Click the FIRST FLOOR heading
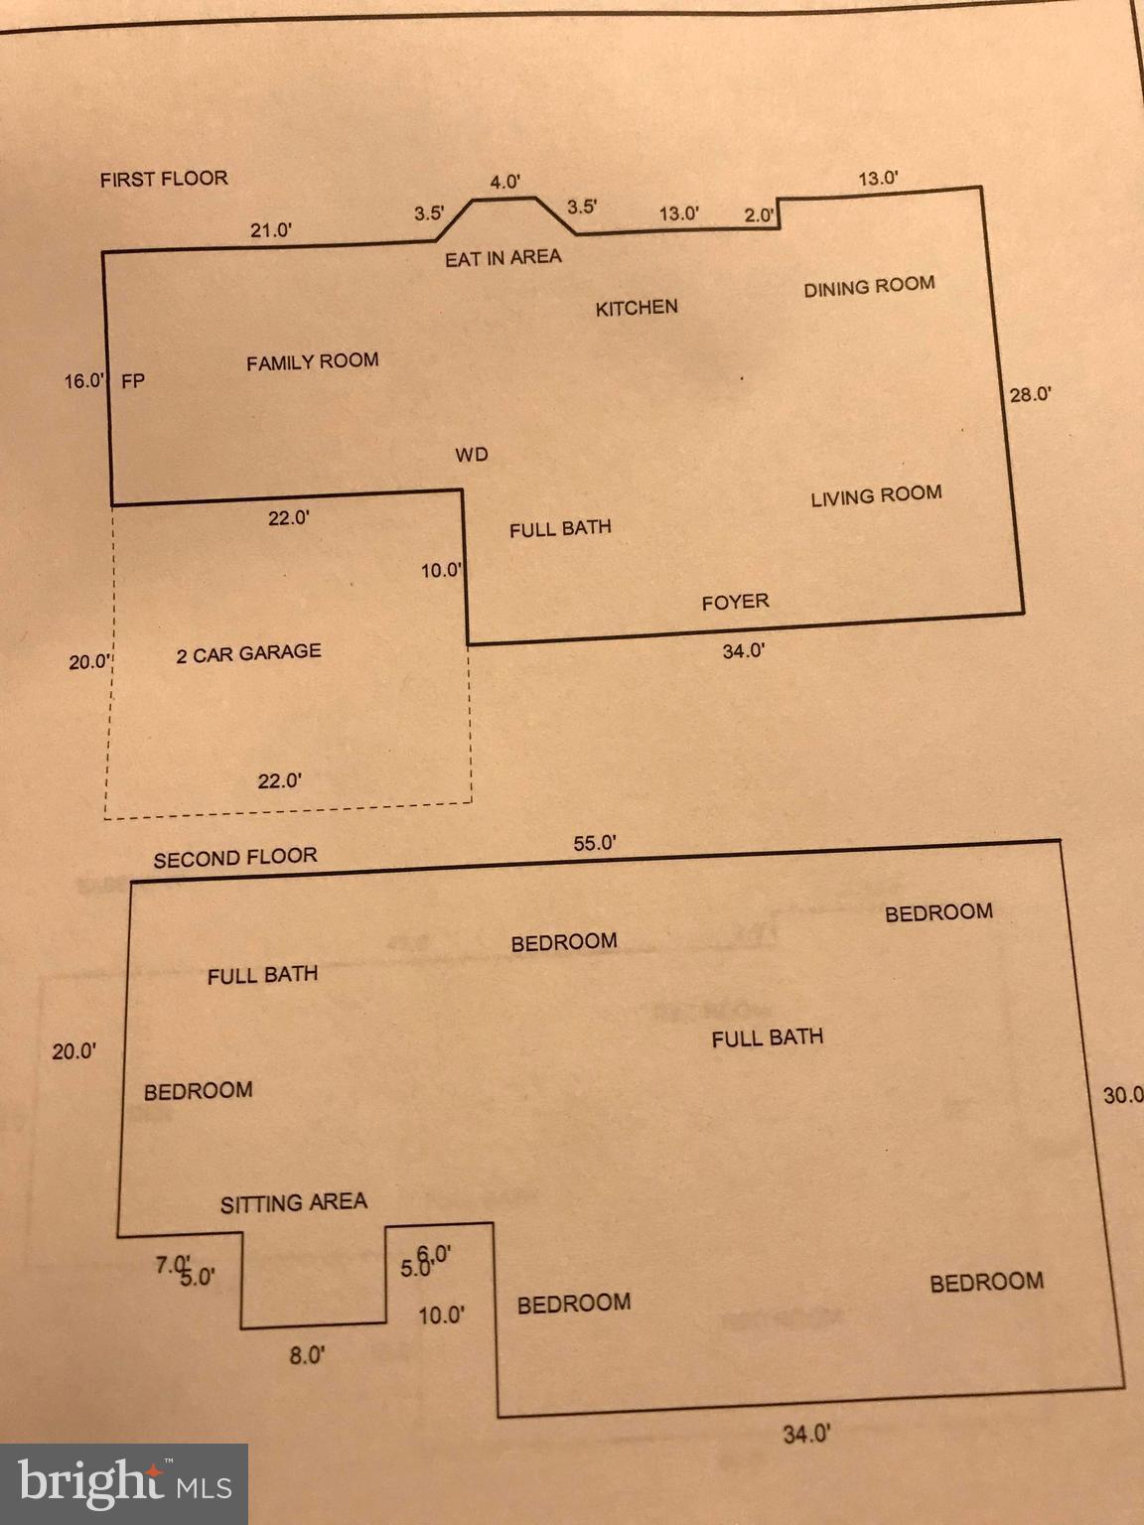(x=164, y=179)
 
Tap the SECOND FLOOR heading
(x=235, y=858)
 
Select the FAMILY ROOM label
(x=313, y=362)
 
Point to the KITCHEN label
(x=637, y=308)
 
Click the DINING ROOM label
(x=869, y=287)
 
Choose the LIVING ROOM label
(x=876, y=496)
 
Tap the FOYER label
(x=735, y=602)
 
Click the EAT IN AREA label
(x=502, y=258)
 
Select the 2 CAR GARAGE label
(x=248, y=653)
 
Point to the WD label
(x=472, y=455)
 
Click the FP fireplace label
(x=133, y=380)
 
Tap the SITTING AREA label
(x=294, y=1203)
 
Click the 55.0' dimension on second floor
(x=595, y=844)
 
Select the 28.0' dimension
(x=1031, y=394)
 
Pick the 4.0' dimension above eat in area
(x=505, y=182)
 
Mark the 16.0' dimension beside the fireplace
(x=83, y=380)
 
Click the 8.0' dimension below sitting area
(x=307, y=1354)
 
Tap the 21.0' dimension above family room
(x=270, y=230)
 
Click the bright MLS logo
(x=124, y=1483)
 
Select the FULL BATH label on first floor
(x=560, y=528)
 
